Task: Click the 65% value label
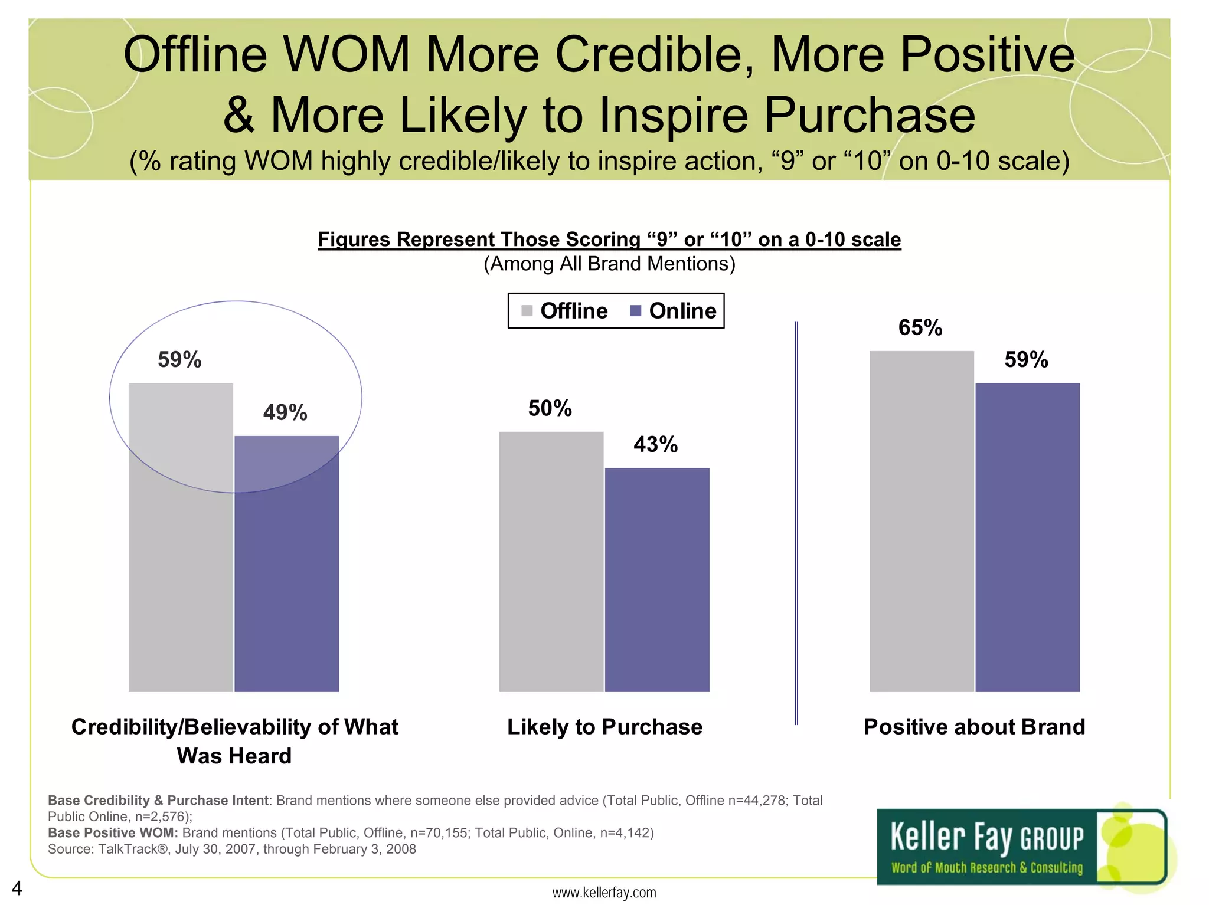click(x=920, y=327)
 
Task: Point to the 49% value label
click(x=285, y=412)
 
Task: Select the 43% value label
click(x=655, y=444)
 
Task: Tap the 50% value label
click(x=550, y=408)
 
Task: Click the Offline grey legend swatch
click(x=527, y=311)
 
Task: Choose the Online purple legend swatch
click(x=636, y=311)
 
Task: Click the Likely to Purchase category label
click(x=604, y=727)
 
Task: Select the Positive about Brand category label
click(x=974, y=727)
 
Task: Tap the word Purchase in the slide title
click(x=870, y=114)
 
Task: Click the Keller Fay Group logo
click(x=1021, y=846)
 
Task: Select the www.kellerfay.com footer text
click(x=604, y=893)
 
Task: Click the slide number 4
click(x=17, y=888)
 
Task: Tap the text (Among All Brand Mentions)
click(x=609, y=264)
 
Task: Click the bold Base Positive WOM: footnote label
click(x=113, y=832)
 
